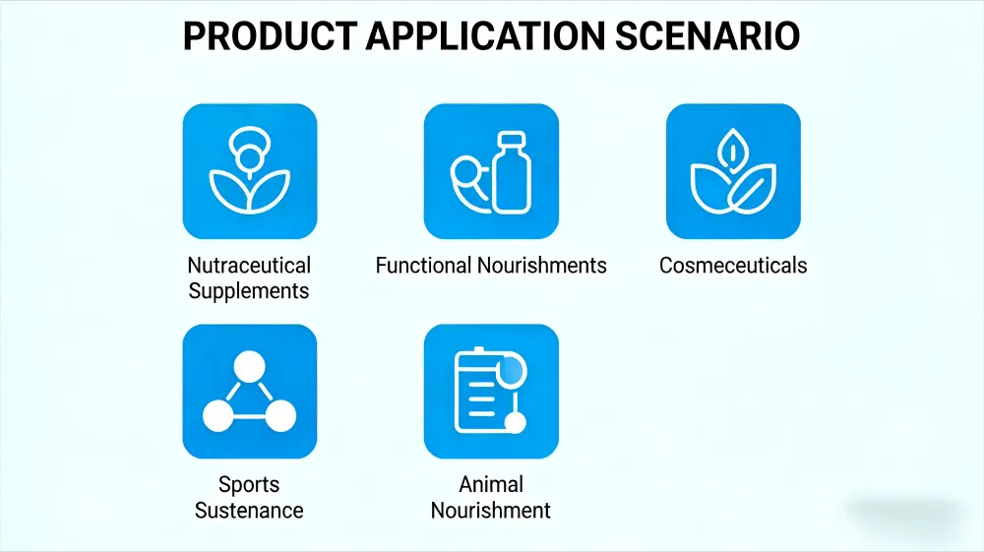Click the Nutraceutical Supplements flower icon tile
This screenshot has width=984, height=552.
point(250,171)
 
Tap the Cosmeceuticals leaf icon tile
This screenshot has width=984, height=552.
point(733,171)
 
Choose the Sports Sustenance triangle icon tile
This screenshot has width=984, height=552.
point(250,392)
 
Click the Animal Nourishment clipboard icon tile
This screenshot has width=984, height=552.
point(491,392)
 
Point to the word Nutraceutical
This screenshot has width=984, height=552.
point(249,266)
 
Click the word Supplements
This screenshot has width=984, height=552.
point(249,291)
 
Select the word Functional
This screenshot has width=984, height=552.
point(423,266)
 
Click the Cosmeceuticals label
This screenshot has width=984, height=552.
point(733,266)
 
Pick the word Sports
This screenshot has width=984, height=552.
point(249,484)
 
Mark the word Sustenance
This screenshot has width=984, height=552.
point(249,510)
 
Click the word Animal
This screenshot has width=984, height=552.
point(491,484)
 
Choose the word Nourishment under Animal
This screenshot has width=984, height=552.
point(491,510)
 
